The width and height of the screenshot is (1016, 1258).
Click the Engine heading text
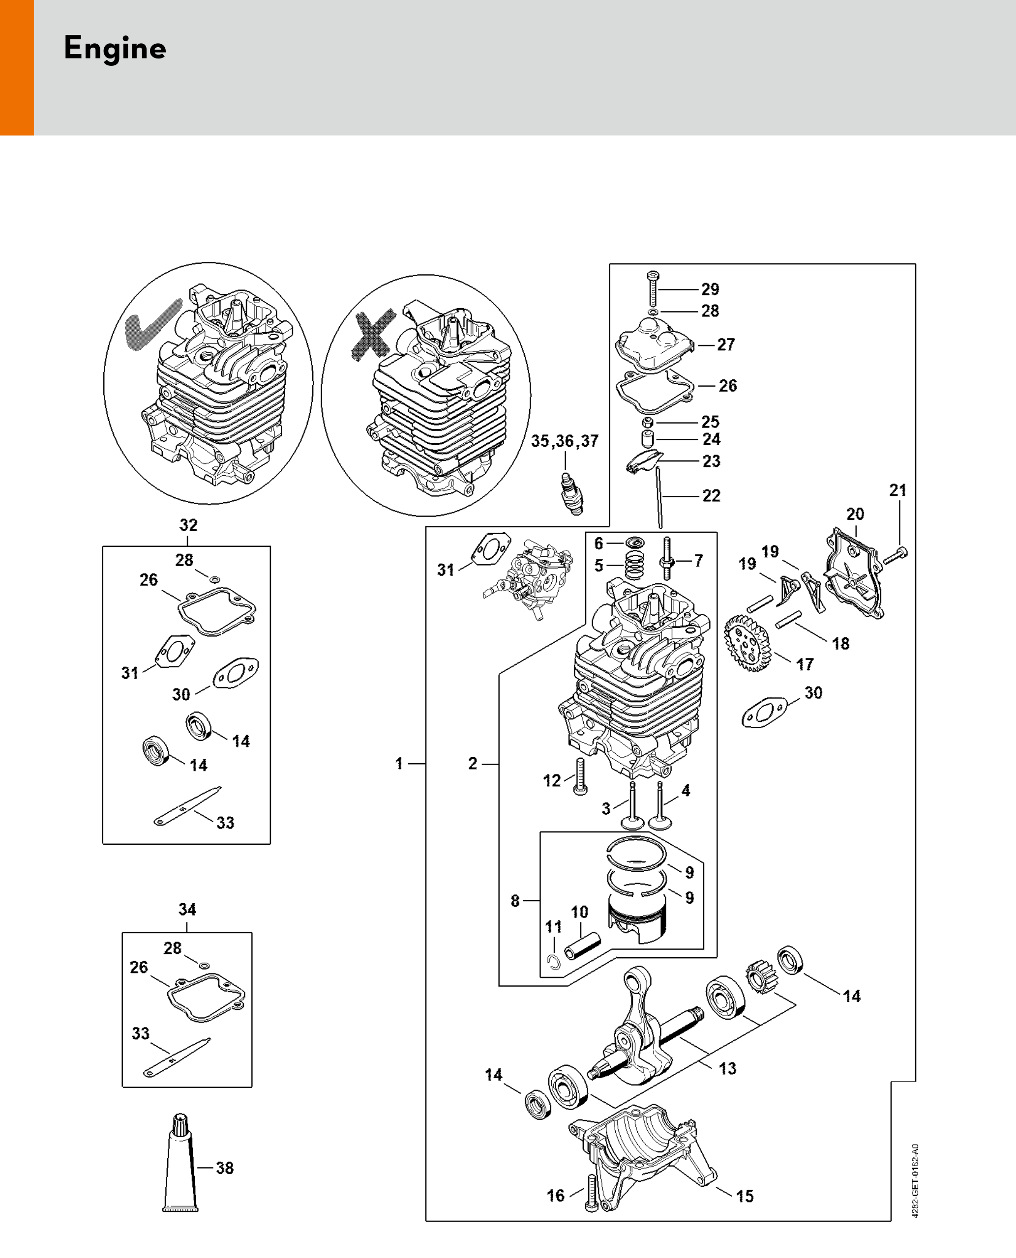tap(115, 49)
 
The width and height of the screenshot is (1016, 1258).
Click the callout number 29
tap(710, 289)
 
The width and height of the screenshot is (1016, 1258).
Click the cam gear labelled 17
tap(748, 642)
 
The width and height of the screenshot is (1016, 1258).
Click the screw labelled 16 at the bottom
tap(591, 1193)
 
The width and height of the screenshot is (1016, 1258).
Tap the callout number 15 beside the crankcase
tap(745, 1196)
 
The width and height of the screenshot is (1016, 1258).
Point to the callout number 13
tap(727, 1068)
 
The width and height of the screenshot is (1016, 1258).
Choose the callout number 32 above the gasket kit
tap(188, 525)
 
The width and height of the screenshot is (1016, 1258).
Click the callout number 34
tap(187, 910)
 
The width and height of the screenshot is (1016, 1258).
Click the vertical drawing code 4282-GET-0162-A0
tap(916, 1181)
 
